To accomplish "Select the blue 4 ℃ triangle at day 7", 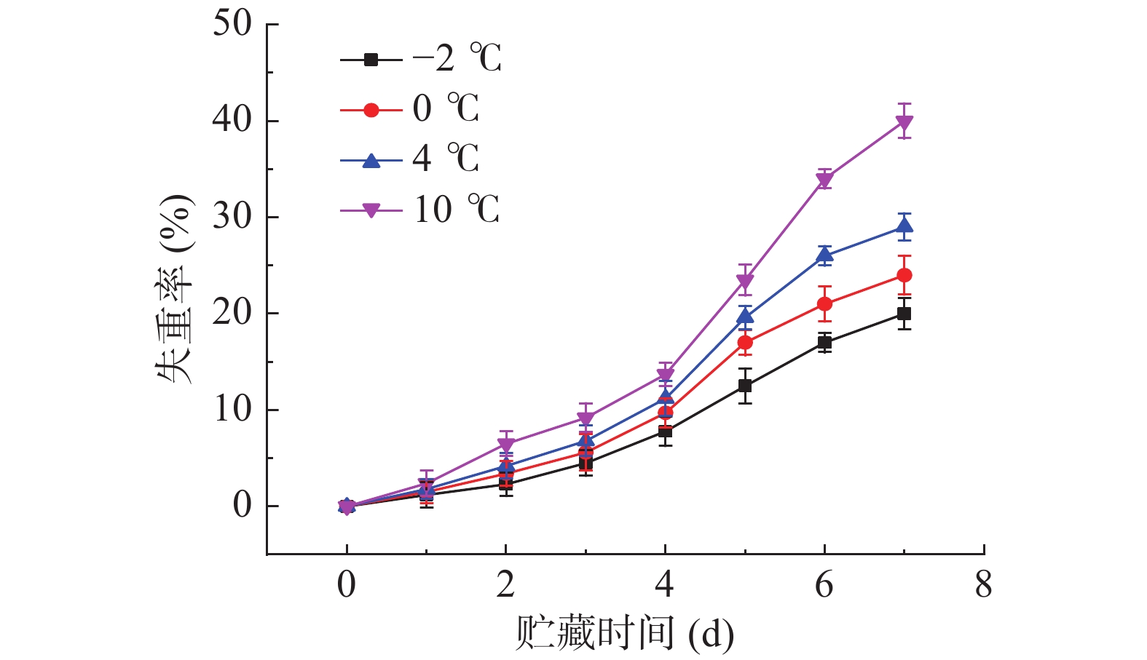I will [x=904, y=227].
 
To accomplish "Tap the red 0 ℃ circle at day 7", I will [x=904, y=275].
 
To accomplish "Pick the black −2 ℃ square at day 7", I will [x=904, y=314].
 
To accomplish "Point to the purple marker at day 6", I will [x=824, y=179].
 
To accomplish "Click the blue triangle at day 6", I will [x=824, y=255].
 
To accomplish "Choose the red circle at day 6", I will [x=824, y=303].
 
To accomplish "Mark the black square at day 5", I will [x=745, y=386].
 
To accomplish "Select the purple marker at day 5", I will [x=745, y=281].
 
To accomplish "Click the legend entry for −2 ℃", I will [x=421, y=59].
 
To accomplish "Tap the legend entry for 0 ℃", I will [x=410, y=110].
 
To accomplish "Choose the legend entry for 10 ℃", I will [x=420, y=210].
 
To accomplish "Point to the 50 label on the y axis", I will [x=232, y=24].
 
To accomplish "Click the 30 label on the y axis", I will [x=232, y=217].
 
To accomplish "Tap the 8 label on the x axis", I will [x=983, y=585].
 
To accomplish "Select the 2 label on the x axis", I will [x=505, y=585].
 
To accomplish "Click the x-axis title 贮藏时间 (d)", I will [x=624, y=634].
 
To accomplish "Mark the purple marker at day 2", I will [x=506, y=445].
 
